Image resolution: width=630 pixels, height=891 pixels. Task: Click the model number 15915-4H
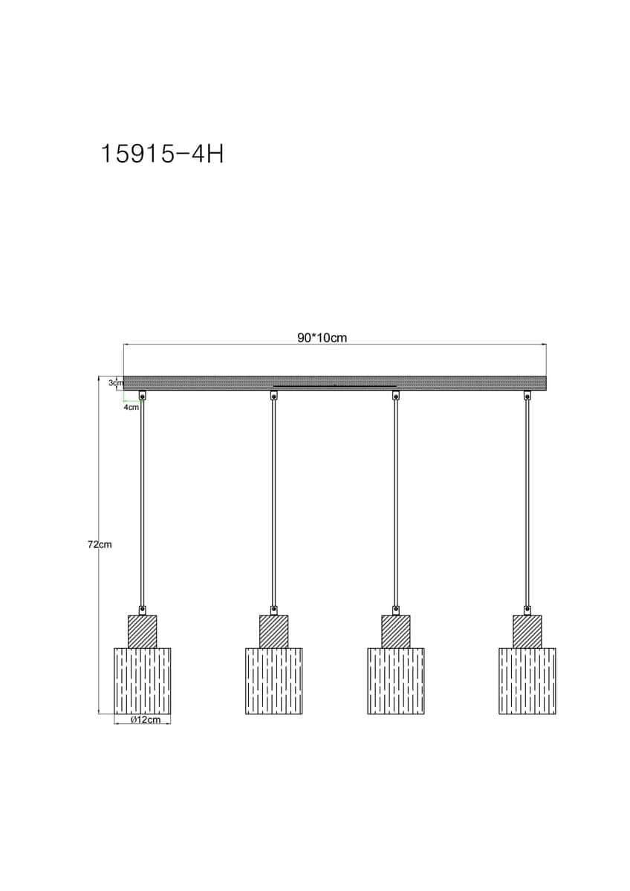pyautogui.click(x=163, y=154)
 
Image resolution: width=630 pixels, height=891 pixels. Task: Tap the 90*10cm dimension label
pyautogui.click(x=322, y=338)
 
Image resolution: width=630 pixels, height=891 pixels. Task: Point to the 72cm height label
pyautogui.click(x=100, y=545)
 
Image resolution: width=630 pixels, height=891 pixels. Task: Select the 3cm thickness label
pyautogui.click(x=116, y=383)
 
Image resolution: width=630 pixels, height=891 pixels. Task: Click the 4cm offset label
pyautogui.click(x=131, y=408)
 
